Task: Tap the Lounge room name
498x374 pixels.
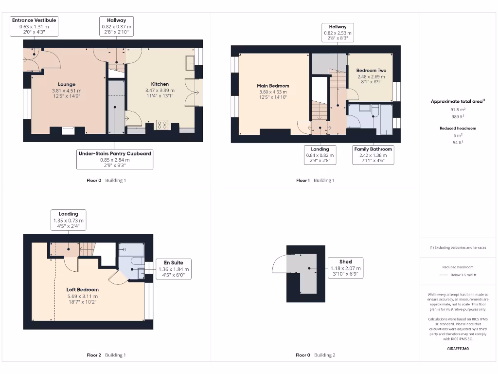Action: [67, 84]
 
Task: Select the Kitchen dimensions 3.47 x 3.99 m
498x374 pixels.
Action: [160, 91]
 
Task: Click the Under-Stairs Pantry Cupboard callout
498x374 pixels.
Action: [115, 159]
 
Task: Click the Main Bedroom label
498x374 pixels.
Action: [273, 86]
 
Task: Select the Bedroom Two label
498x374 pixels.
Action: [371, 71]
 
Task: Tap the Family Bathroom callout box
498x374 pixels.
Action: [373, 155]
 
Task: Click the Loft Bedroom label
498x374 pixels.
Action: [82, 290]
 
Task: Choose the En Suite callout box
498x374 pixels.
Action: [174, 269]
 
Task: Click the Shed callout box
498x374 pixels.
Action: [346, 268]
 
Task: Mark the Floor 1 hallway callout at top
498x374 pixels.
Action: [338, 33]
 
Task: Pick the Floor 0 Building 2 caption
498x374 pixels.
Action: [315, 355]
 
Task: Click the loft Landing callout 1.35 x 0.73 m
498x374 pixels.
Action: [68, 220]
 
